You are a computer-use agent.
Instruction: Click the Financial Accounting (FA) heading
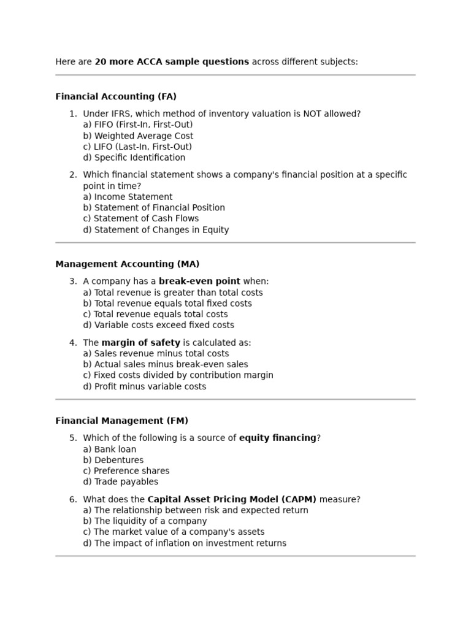click(x=116, y=96)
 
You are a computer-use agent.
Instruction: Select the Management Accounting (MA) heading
click(x=127, y=264)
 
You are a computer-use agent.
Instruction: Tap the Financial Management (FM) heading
click(x=121, y=421)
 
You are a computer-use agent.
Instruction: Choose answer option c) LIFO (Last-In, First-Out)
click(x=137, y=147)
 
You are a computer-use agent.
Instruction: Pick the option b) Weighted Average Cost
click(x=138, y=136)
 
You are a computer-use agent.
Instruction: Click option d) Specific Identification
click(x=134, y=158)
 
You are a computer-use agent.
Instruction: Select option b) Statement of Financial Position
click(x=154, y=208)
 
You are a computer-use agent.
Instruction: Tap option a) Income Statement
click(x=128, y=197)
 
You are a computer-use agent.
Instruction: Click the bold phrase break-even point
click(x=199, y=281)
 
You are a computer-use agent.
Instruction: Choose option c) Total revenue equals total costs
click(x=155, y=314)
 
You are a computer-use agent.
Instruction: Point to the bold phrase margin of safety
click(x=140, y=343)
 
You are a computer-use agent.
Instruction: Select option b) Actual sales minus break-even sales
click(x=166, y=364)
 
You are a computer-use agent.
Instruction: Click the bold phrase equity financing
click(x=277, y=438)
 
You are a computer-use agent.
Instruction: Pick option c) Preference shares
click(x=126, y=471)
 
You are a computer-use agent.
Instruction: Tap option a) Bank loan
click(x=109, y=449)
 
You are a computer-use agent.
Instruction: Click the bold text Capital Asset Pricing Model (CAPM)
click(x=232, y=499)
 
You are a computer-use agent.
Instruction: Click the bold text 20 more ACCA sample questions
click(x=172, y=62)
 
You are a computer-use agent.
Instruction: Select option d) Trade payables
click(x=120, y=482)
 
